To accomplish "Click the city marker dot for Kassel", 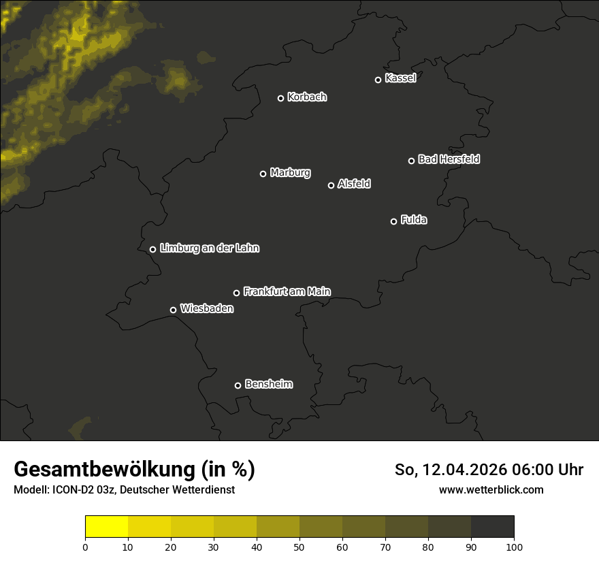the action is tap(378, 80).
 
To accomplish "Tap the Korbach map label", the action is tap(307, 97).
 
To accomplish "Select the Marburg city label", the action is tap(290, 173).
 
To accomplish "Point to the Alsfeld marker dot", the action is tap(331, 185).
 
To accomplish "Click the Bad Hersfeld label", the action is tap(449, 159).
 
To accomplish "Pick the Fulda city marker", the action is tap(393, 221).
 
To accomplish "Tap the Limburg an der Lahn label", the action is tap(209, 248).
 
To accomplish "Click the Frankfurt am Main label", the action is tap(287, 291).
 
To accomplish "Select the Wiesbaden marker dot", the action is tap(173, 310).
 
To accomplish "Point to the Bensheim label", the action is tap(268, 384).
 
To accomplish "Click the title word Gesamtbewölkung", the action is tap(103, 470).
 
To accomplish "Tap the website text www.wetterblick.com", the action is tap(491, 490).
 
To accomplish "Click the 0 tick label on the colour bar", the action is tap(85, 547).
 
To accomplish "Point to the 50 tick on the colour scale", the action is tap(299, 547).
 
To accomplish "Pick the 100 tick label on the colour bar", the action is tap(514, 547).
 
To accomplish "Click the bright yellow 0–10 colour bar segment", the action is tap(107, 527).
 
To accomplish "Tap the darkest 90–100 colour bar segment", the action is tap(492, 527).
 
